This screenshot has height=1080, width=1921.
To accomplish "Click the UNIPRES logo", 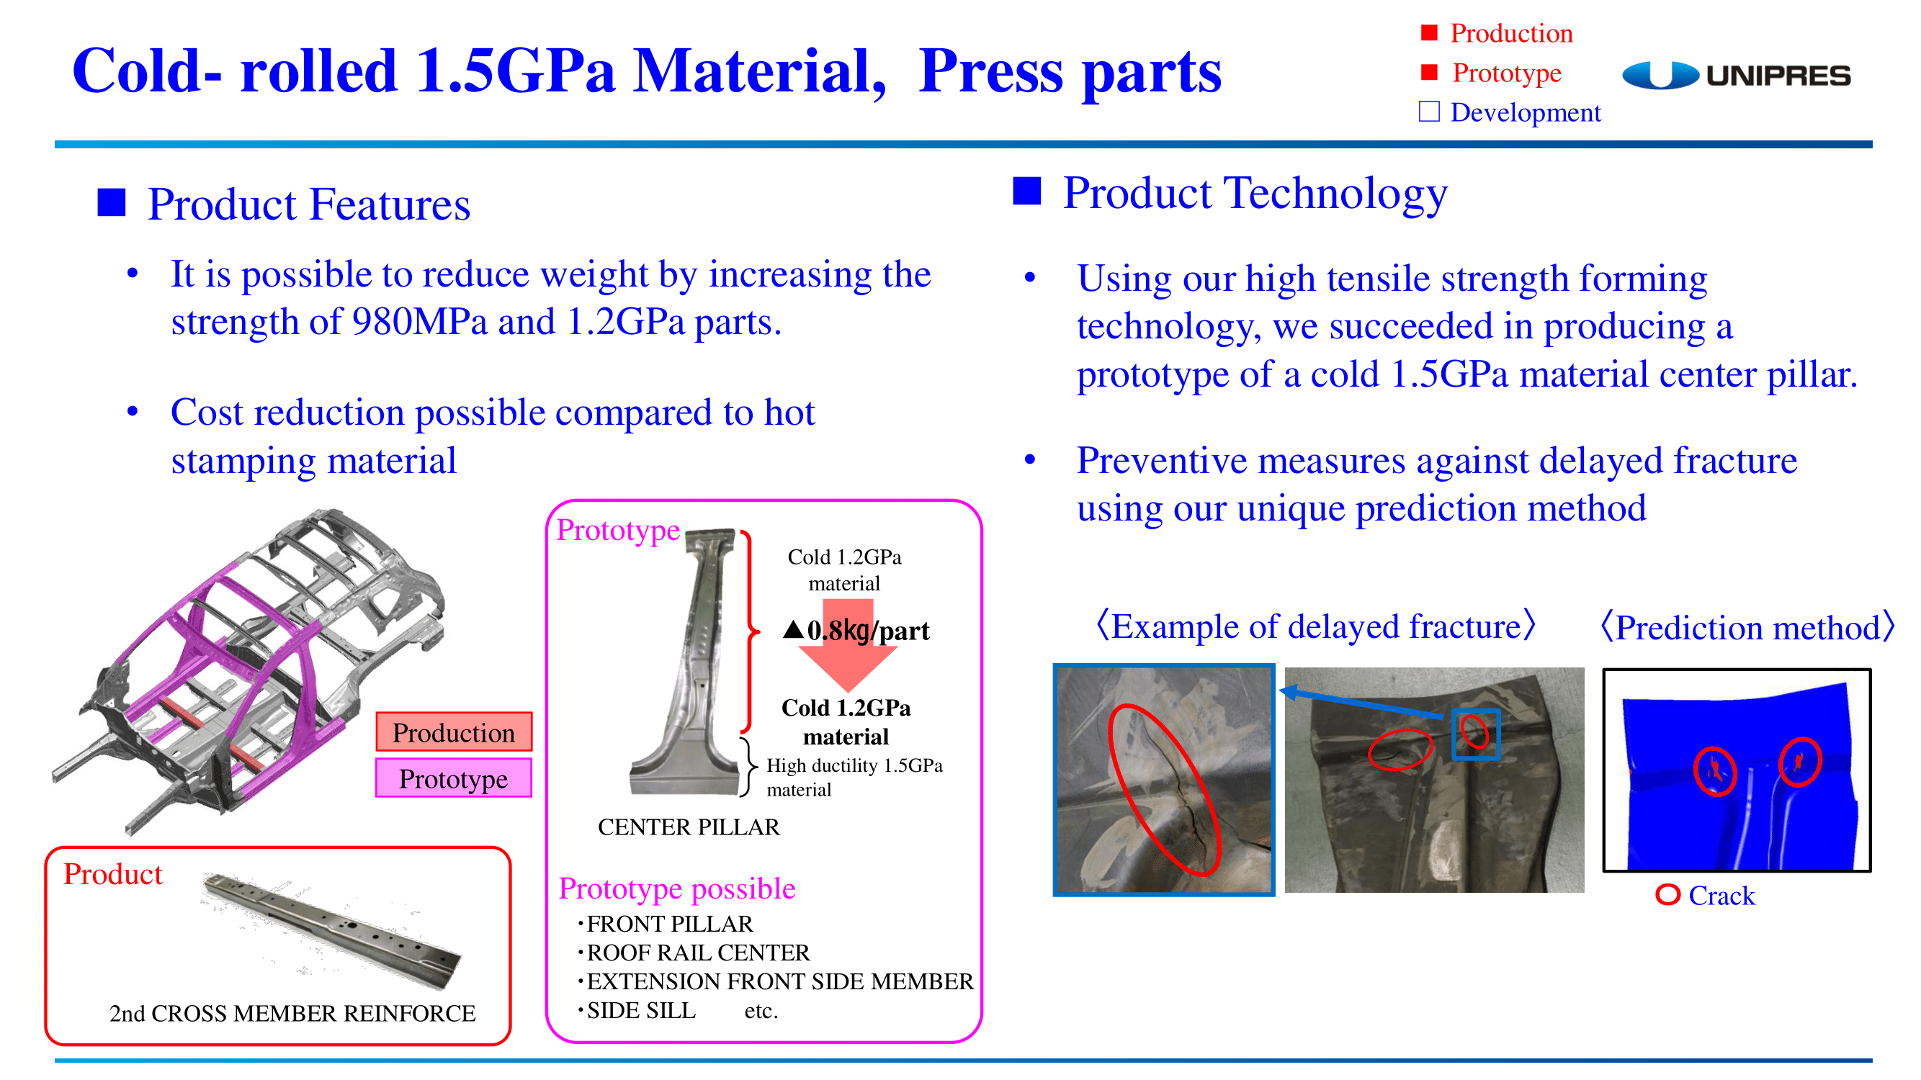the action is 1736,76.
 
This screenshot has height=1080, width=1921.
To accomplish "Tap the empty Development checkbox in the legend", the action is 1429,112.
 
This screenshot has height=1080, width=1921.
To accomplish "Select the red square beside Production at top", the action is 1429,32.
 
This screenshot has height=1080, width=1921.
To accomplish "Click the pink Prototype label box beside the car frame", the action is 453,778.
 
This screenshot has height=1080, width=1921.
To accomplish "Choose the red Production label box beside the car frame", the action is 453,732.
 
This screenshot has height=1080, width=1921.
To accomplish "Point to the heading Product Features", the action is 309,204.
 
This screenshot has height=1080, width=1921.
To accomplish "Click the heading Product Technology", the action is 1255,193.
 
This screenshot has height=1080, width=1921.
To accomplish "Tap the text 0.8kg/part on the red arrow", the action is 868,631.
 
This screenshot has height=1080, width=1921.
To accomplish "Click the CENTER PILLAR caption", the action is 689,827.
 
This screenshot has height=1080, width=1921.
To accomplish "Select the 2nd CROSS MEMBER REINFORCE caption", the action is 292,1013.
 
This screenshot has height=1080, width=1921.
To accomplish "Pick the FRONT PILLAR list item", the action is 670,924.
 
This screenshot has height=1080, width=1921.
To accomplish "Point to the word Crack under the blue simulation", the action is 1721,895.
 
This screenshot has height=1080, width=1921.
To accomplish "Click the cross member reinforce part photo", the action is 333,931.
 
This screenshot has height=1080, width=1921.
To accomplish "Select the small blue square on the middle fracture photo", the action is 1476,734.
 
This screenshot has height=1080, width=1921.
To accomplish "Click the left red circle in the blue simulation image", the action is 1715,770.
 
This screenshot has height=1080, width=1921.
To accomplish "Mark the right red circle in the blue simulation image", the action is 1799,761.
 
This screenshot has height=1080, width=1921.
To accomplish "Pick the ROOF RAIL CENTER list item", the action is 698,953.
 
